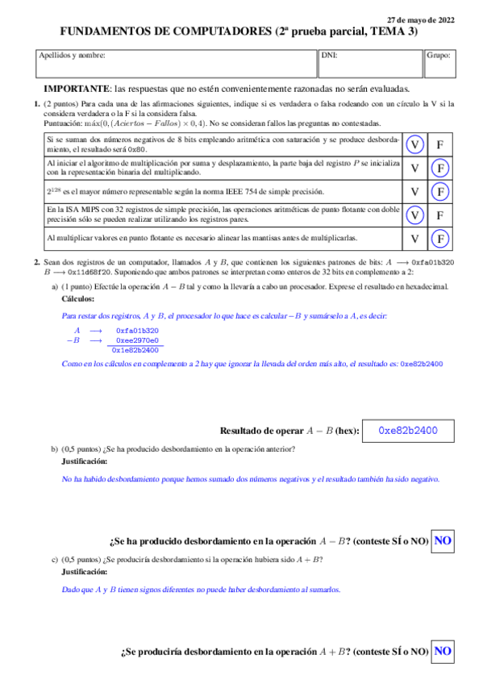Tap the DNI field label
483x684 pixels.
click(329, 56)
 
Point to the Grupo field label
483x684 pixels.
click(439, 56)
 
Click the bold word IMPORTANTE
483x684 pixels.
click(77, 89)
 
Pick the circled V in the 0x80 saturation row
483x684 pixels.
click(414, 144)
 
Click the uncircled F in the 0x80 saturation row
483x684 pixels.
click(439, 144)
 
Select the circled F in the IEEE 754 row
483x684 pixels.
click(439, 192)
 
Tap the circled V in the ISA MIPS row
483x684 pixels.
click(414, 216)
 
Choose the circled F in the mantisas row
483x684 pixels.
click(439, 240)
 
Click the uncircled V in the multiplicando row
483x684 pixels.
click(414, 169)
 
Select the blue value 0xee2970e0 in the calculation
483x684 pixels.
click(137, 340)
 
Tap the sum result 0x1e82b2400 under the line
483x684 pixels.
click(135, 351)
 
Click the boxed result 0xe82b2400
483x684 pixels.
click(408, 431)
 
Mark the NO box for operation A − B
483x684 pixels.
click(443, 540)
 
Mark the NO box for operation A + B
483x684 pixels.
click(443, 650)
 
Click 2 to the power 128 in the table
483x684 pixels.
click(53, 192)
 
